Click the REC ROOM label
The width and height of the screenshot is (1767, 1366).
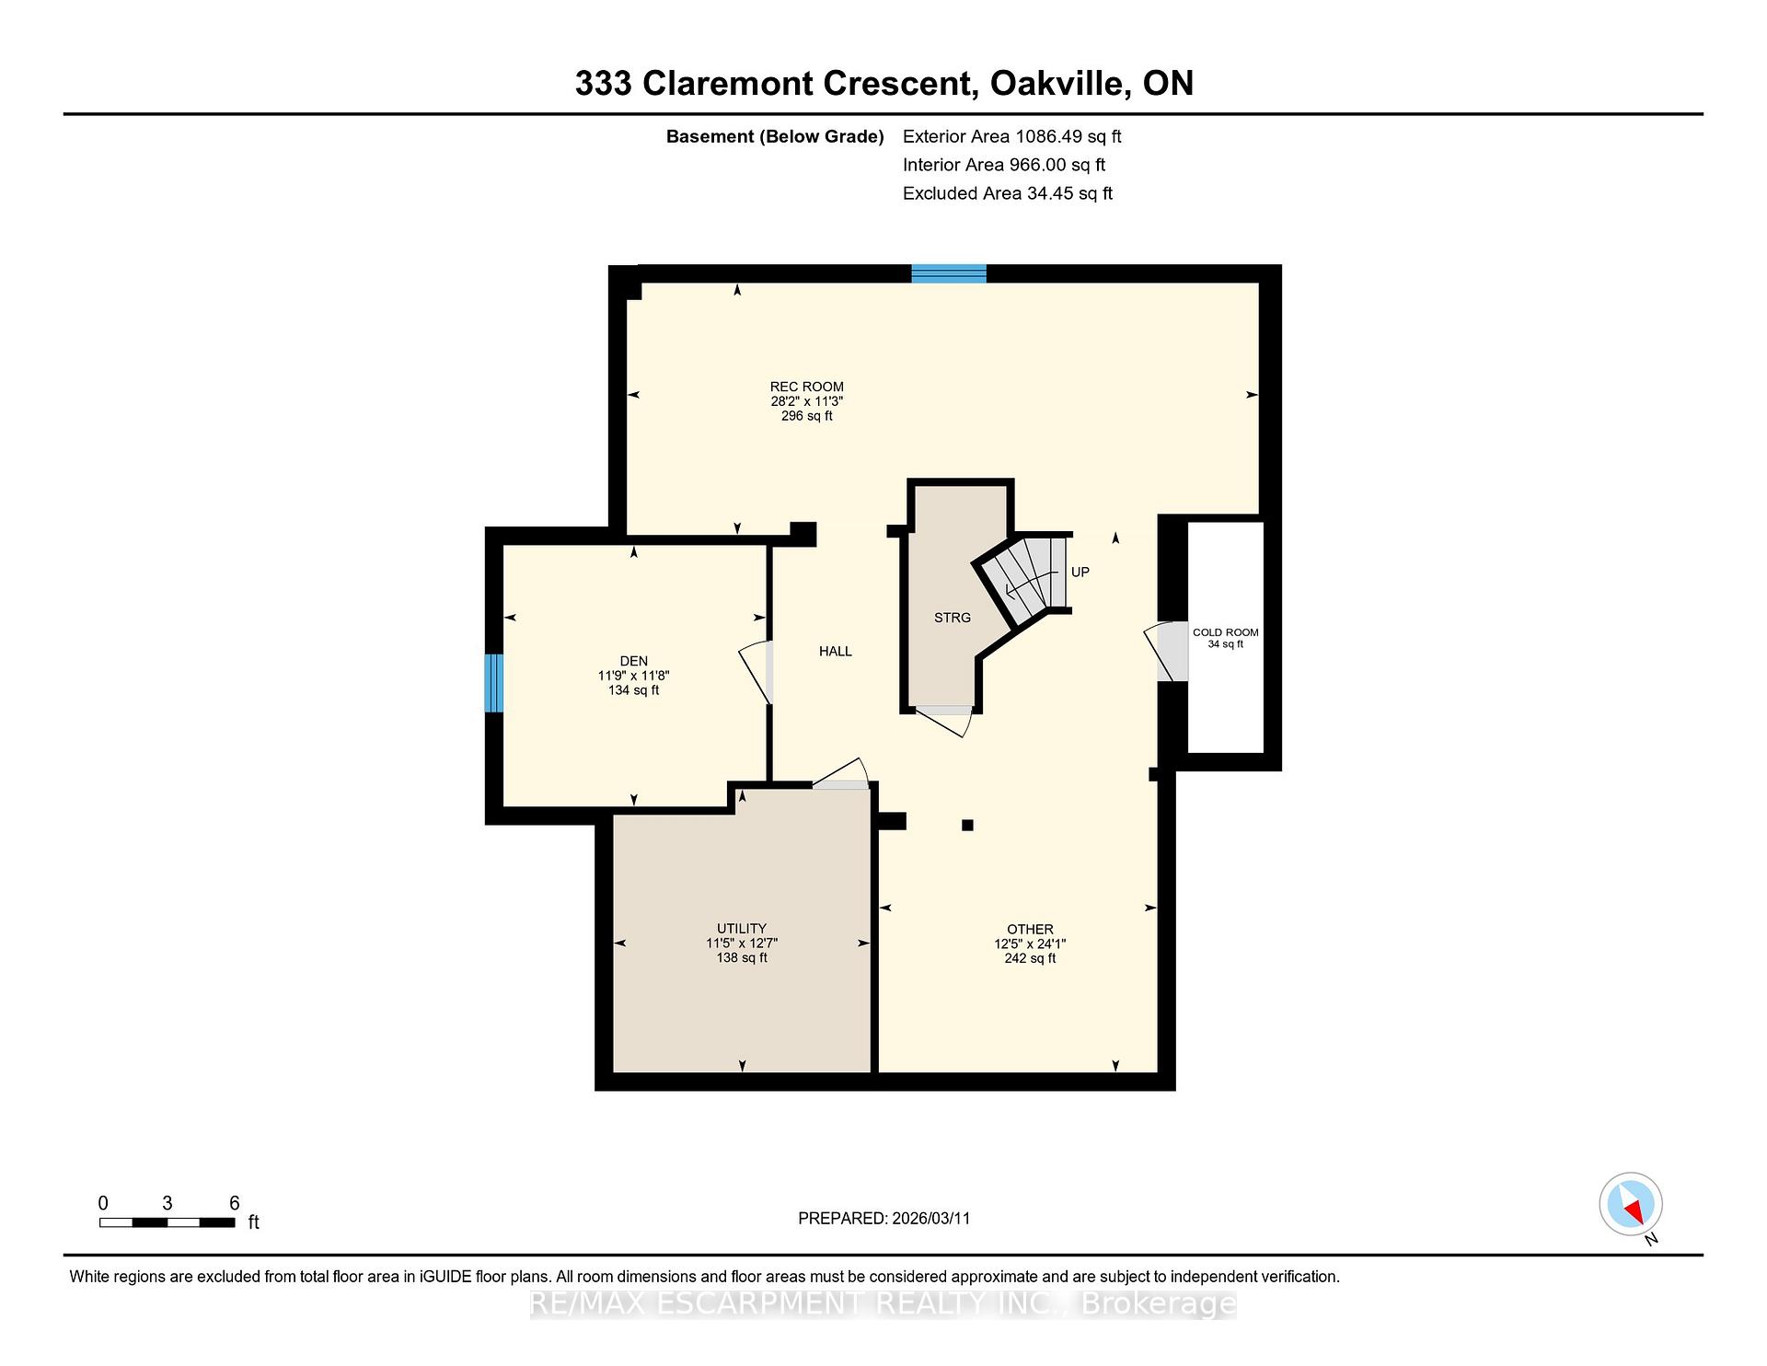point(807,387)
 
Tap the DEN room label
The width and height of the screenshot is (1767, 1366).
point(634,661)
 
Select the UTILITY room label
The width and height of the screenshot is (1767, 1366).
point(742,929)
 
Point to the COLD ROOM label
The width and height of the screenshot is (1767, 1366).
point(1226,632)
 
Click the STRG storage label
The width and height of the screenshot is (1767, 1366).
point(953,618)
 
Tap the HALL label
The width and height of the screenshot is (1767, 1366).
point(836,652)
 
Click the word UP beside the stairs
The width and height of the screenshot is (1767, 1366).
point(1080,573)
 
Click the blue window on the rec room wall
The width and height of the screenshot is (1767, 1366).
point(949,273)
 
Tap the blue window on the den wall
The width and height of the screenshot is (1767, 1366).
point(494,683)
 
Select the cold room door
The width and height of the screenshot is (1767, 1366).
point(1166,652)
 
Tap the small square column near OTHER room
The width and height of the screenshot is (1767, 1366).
point(967,826)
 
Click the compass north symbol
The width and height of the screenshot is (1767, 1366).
point(1631,1205)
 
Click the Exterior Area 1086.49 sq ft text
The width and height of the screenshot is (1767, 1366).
point(1011,137)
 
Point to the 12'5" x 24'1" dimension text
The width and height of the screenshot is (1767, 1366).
point(1030,943)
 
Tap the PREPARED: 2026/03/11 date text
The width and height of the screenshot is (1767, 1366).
point(883,1219)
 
